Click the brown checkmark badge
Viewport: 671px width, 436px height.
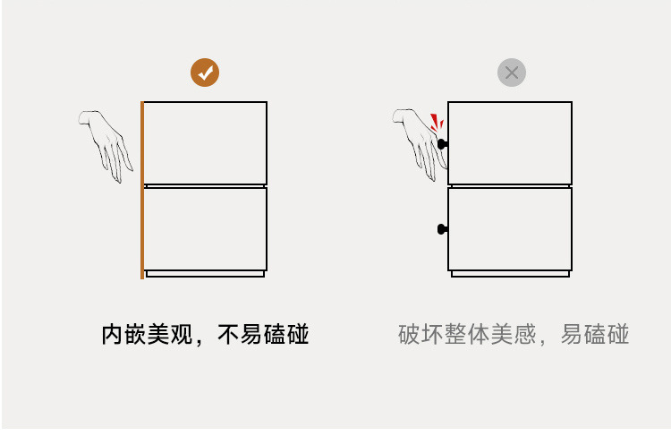click(205, 73)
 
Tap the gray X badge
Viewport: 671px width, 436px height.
click(512, 73)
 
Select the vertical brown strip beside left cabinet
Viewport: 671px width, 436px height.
click(142, 190)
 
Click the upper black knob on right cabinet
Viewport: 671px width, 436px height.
click(442, 143)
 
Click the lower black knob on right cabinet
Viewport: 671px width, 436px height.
click(442, 229)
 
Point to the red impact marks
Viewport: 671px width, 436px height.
click(437, 122)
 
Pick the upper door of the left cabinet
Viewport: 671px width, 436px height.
click(205, 142)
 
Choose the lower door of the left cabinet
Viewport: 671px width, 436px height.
click(205, 228)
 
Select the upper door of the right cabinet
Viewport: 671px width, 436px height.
click(510, 142)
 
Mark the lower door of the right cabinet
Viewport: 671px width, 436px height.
click(510, 228)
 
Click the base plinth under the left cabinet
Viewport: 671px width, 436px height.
click(205, 273)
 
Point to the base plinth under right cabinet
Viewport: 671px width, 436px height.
click(510, 273)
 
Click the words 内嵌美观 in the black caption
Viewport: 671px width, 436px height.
click(146, 335)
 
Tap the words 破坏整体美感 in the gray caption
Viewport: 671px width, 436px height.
click(466, 335)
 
